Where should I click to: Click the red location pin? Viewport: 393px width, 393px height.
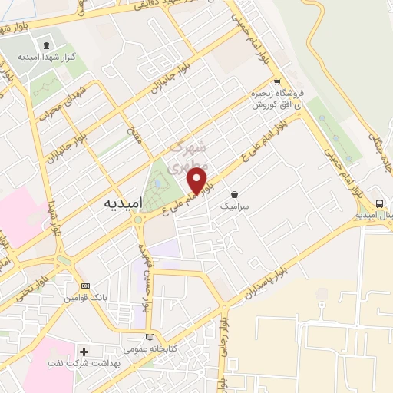[x=198, y=180]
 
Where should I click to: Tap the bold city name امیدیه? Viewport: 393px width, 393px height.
[x=121, y=205]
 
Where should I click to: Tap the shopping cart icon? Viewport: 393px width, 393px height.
[x=276, y=81]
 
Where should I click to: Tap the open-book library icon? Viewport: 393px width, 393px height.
[x=149, y=337]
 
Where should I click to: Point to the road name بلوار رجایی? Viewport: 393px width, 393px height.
[x=226, y=338]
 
